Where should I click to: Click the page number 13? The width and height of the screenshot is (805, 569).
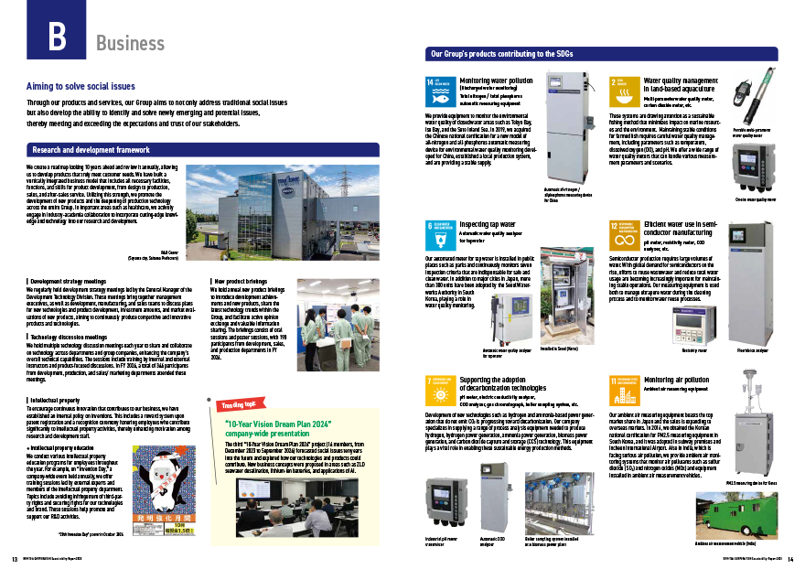pos(15,559)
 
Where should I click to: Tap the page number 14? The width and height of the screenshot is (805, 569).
pos(789,559)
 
